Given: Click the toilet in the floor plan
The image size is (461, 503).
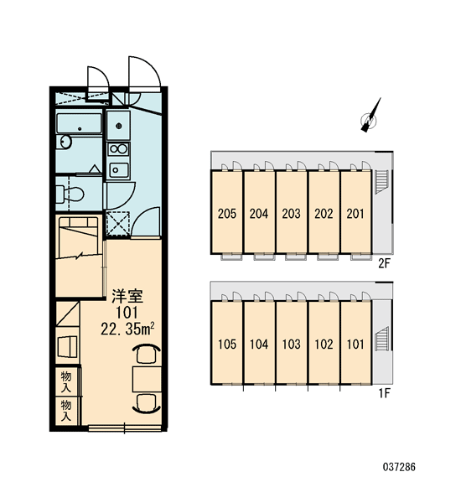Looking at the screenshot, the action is click(70, 194).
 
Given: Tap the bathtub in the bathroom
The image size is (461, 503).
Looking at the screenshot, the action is click(80, 123).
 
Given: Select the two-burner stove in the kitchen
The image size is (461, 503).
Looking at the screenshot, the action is click(118, 149).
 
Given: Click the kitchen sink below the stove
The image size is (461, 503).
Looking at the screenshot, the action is click(119, 170).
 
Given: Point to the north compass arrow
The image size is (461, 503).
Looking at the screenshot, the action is click(370, 115).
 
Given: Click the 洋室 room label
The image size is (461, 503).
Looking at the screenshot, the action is click(127, 296).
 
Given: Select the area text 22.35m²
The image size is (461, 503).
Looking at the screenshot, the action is click(127, 329).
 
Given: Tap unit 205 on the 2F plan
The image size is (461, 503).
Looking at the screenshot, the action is click(227, 213).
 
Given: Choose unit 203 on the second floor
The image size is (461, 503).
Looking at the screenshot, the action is click(292, 213).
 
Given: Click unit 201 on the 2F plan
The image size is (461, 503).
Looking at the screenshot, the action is click(355, 213).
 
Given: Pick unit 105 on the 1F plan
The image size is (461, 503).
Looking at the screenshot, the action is click(227, 345).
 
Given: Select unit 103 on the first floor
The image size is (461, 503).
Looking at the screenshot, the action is click(292, 345).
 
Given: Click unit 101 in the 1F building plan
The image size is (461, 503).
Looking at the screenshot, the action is click(355, 345).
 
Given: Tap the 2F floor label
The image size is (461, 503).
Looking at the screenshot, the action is click(384, 263).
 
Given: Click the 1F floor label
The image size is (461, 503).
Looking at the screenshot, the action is click(385, 393).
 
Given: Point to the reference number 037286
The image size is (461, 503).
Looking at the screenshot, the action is click(399, 466).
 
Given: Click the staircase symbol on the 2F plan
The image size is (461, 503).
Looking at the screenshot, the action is click(381, 182).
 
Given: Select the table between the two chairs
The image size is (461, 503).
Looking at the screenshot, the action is click(147, 380).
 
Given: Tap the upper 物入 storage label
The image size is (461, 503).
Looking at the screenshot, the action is click(66, 382).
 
